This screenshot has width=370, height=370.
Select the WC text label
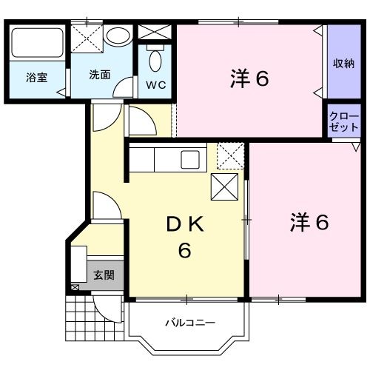click(x=155, y=84)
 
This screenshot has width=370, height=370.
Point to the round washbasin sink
click(x=117, y=36)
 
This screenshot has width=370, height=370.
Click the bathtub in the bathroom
click(x=38, y=44)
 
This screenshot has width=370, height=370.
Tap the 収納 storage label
click(x=342, y=63)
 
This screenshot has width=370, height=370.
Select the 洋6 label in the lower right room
click(x=309, y=221)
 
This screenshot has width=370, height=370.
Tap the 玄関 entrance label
click(x=104, y=275)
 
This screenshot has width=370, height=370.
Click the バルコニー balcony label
click(x=189, y=323)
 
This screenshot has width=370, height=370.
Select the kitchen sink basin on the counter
click(x=191, y=159)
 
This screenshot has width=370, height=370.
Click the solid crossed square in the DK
click(x=224, y=188)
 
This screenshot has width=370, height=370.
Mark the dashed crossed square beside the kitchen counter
click(x=229, y=157)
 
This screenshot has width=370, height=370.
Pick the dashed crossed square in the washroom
click(x=87, y=36)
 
